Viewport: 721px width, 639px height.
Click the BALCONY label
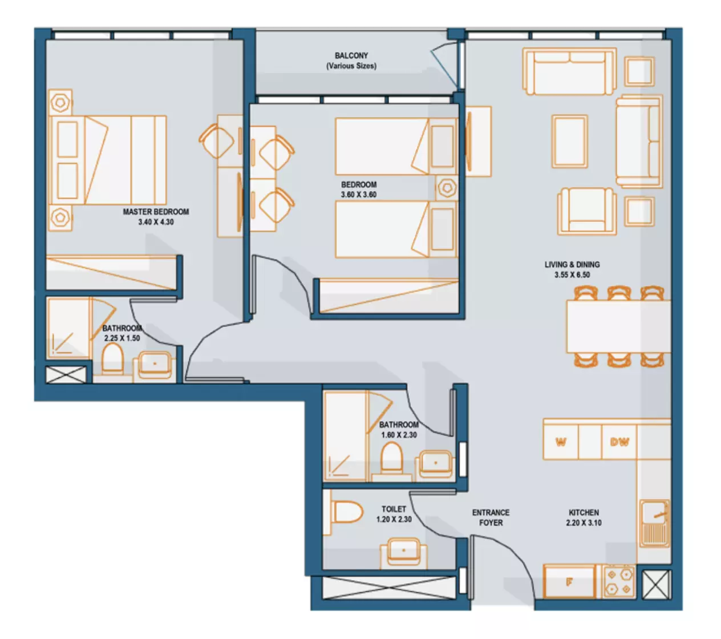351,55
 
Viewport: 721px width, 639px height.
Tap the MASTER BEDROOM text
156,212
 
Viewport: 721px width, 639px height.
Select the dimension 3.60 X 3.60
358,195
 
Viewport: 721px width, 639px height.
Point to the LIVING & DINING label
572,265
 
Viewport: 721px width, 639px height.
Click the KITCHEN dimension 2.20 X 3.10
584,523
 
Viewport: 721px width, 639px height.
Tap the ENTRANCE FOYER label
491,517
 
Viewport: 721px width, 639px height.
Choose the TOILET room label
394,509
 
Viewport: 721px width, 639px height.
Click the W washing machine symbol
561,442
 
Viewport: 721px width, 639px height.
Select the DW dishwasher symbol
619,442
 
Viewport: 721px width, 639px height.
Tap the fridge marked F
569,583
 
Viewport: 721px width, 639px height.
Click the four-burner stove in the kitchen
619,583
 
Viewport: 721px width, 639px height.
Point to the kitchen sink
655,523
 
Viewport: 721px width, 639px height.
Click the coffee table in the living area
570,141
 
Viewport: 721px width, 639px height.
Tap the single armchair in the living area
587,212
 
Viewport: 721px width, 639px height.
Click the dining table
619,326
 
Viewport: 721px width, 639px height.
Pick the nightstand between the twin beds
447,188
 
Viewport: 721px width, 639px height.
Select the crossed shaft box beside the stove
656,585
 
